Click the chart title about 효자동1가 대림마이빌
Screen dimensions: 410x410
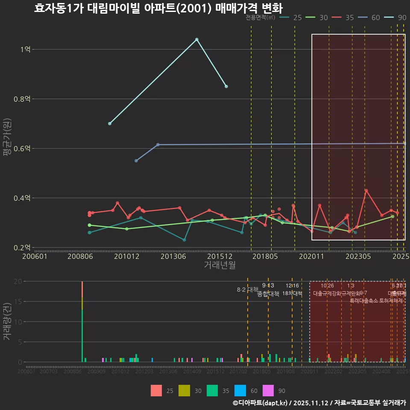click(158, 8)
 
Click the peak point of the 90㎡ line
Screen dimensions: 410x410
click(196, 39)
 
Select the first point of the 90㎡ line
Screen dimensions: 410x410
click(110, 123)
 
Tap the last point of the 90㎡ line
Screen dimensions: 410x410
click(226, 86)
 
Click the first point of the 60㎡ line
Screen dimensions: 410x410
click(136, 161)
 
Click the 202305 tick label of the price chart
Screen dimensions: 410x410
click(358, 256)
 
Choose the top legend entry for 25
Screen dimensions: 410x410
click(293, 18)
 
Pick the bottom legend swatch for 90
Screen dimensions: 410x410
click(268, 391)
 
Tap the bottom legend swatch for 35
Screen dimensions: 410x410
click(212, 391)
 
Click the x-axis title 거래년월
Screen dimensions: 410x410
click(220, 265)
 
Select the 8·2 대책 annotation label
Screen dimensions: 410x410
click(248, 289)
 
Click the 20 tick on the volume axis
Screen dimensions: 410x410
click(18, 281)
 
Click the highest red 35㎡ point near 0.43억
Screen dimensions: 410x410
click(366, 190)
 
